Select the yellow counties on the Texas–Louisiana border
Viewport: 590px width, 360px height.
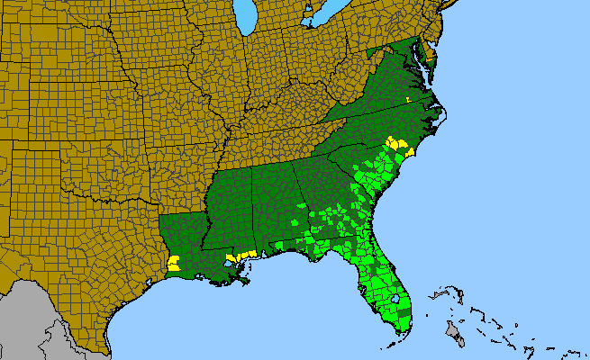click(x=174, y=263)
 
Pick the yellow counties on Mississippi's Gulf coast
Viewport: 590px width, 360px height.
click(x=243, y=256)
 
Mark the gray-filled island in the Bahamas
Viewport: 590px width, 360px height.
click(x=456, y=336)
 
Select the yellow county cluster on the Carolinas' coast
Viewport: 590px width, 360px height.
click(x=397, y=146)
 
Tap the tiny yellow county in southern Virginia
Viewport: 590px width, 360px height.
click(x=408, y=99)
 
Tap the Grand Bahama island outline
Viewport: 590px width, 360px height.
click(x=441, y=293)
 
